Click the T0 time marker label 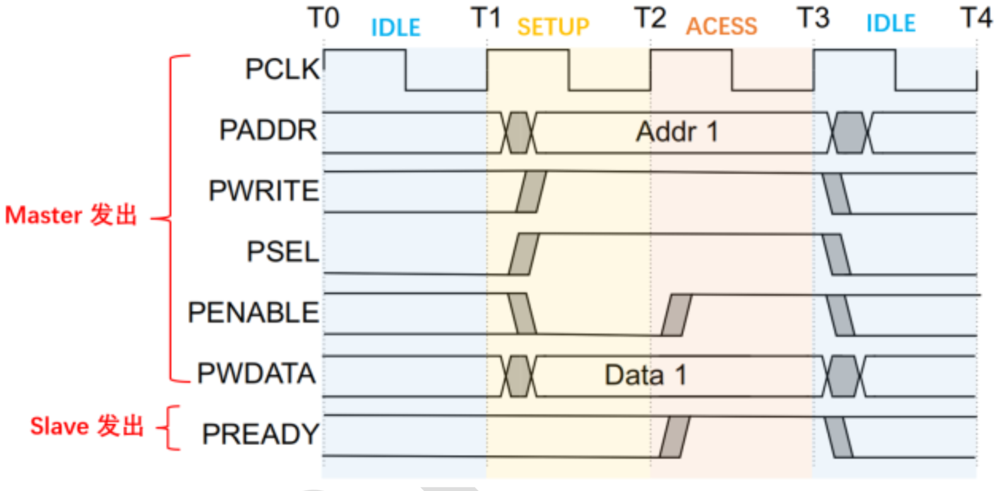(x=323, y=18)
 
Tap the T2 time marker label (x=650, y=18)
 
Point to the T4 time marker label (x=976, y=18)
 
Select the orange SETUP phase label (x=553, y=27)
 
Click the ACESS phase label (x=722, y=27)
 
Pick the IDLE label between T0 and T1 (x=396, y=28)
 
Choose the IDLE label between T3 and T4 (x=891, y=23)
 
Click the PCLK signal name (x=282, y=69)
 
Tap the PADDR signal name (x=268, y=130)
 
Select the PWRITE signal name (x=264, y=191)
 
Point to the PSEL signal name (x=283, y=252)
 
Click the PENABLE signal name (x=253, y=312)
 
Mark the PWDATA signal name (x=256, y=373)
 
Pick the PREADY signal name (x=261, y=434)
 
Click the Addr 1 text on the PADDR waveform (x=677, y=133)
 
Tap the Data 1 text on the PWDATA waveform (x=645, y=376)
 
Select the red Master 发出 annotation (x=71, y=215)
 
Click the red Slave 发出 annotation (x=87, y=426)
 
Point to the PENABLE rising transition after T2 (x=677, y=315)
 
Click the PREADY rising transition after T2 (x=674, y=437)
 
